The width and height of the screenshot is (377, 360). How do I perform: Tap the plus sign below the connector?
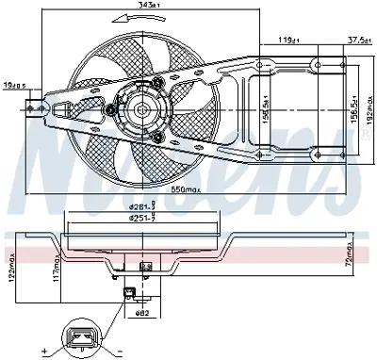43,352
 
